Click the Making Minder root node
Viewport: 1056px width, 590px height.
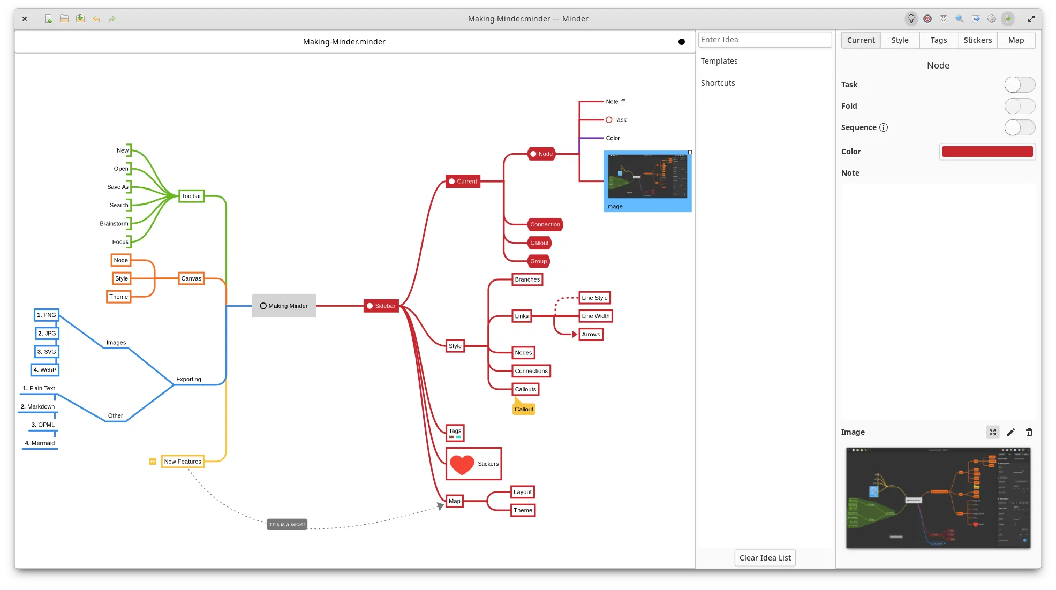coord(284,306)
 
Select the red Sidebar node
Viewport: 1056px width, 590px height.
coord(381,306)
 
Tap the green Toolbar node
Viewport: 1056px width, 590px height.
coord(191,196)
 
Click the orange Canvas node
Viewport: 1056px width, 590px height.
coord(191,278)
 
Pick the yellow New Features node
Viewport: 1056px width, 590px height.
coord(183,462)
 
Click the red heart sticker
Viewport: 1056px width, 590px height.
coord(462,464)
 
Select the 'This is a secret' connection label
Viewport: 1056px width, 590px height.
coord(287,524)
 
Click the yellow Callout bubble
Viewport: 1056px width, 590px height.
coord(524,409)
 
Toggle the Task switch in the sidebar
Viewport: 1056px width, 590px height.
coord(1019,85)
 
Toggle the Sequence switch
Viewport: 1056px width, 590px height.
coord(1019,127)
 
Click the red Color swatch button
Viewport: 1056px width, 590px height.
coord(987,152)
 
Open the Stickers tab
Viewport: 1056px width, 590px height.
coord(977,40)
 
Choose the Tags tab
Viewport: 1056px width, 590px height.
coord(938,40)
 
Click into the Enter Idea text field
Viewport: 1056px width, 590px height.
coord(764,40)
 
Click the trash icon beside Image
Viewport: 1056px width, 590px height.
coord(1029,432)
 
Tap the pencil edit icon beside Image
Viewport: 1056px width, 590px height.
coord(1010,432)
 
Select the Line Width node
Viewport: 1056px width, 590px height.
coord(595,316)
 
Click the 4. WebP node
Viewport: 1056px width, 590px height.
coord(45,370)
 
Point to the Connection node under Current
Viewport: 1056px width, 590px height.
coord(545,224)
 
